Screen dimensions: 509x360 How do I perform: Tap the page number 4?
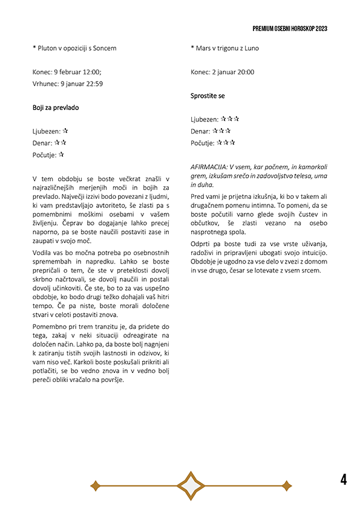(344, 480)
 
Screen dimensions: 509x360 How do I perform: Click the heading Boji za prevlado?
(56, 108)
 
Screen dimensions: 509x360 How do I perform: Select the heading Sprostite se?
(208, 96)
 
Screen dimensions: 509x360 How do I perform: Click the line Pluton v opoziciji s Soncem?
(74, 48)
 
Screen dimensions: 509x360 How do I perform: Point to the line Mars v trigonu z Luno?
(224, 48)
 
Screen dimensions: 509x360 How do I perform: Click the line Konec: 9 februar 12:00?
(67, 72)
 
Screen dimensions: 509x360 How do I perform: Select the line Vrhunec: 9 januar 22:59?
(68, 84)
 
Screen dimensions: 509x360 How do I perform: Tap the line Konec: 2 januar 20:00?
(222, 72)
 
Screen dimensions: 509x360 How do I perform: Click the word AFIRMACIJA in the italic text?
(209, 166)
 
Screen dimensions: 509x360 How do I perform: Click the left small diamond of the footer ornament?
(94, 485)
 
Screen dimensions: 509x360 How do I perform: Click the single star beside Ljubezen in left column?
(65, 131)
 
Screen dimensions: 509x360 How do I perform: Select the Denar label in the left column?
(42, 143)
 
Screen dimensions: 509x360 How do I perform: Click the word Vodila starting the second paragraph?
(43, 251)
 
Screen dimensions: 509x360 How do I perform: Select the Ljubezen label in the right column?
(205, 120)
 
